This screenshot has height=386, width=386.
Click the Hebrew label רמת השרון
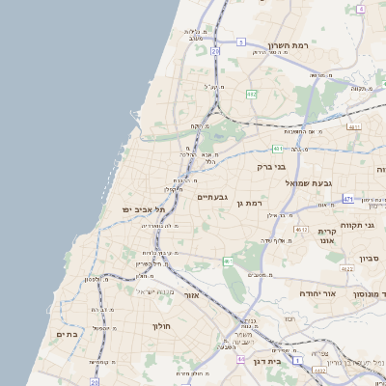click(x=289, y=45)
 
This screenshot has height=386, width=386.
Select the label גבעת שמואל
click(x=309, y=182)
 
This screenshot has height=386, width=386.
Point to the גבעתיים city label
click(x=212, y=197)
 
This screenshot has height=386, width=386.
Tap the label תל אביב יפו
click(x=144, y=209)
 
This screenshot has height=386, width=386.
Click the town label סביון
click(x=370, y=259)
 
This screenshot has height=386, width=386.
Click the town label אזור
click(x=190, y=295)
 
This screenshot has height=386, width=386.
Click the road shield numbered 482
click(x=252, y=95)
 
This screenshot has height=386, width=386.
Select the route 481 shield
click(x=277, y=149)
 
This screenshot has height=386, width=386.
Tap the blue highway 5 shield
click(x=241, y=42)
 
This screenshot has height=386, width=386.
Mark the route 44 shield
click(x=240, y=358)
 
